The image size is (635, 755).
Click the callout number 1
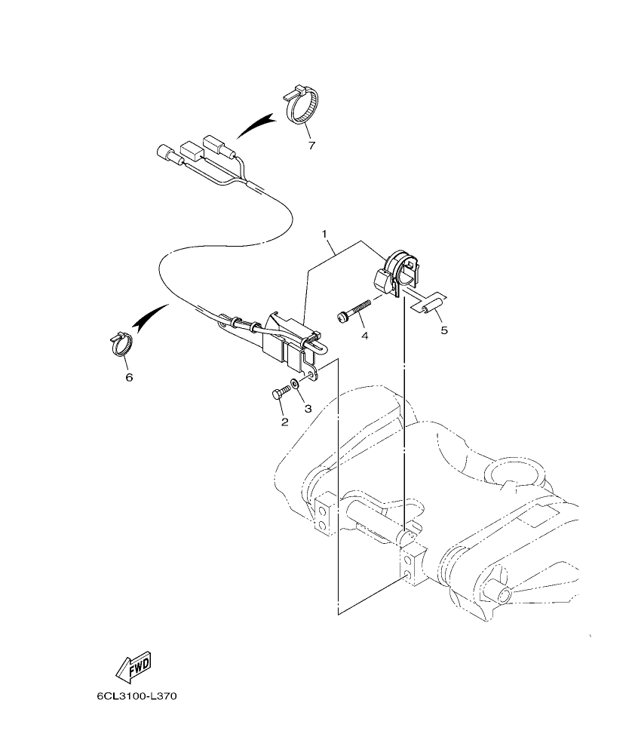pos(327,235)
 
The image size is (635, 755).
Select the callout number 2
pos(284,422)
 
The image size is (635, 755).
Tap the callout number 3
pos(308,408)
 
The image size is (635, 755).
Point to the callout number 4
pos(364,334)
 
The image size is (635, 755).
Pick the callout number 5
pos(443,330)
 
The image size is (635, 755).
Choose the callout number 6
pos(129,376)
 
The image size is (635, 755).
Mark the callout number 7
pos(311,145)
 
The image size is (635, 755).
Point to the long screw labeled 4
pos(354,310)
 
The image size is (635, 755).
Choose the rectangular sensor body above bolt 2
pos(287,336)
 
